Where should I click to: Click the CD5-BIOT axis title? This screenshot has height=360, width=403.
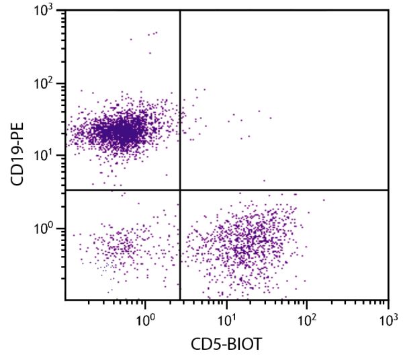227,345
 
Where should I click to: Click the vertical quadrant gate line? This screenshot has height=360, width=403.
180,101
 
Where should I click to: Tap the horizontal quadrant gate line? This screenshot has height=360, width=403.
282,190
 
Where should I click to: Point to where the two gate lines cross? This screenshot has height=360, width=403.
180,190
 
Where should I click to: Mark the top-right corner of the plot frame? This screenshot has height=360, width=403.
389,9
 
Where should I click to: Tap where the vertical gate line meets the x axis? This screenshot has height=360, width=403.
180,300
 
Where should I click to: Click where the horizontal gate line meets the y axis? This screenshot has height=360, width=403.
65,190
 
